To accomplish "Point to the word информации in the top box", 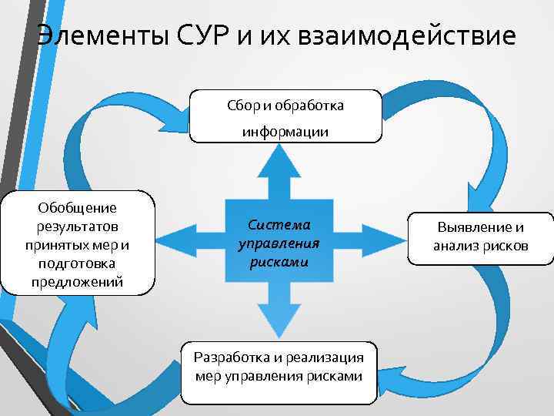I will [x=285, y=132].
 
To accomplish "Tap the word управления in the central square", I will [x=279, y=243].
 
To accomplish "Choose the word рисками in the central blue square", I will [x=279, y=261].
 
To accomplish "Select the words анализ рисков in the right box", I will [x=480, y=247].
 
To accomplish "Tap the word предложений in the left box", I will [x=77, y=282].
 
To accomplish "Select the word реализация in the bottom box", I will [x=331, y=357].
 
